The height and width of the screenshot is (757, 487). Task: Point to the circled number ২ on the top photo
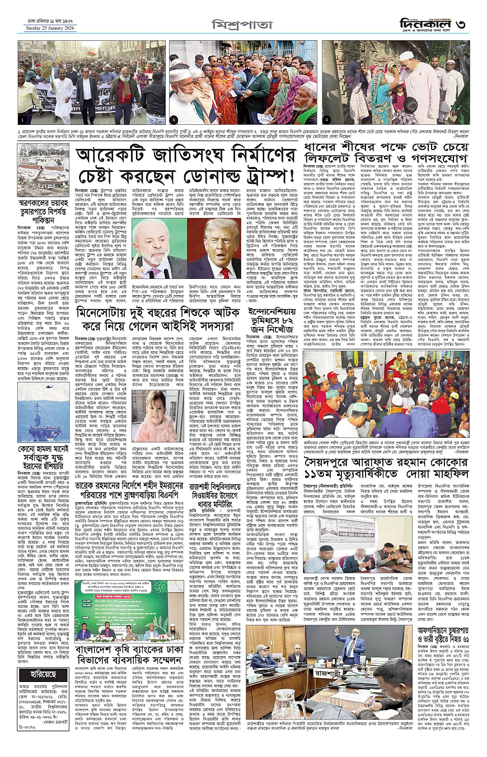175,119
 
